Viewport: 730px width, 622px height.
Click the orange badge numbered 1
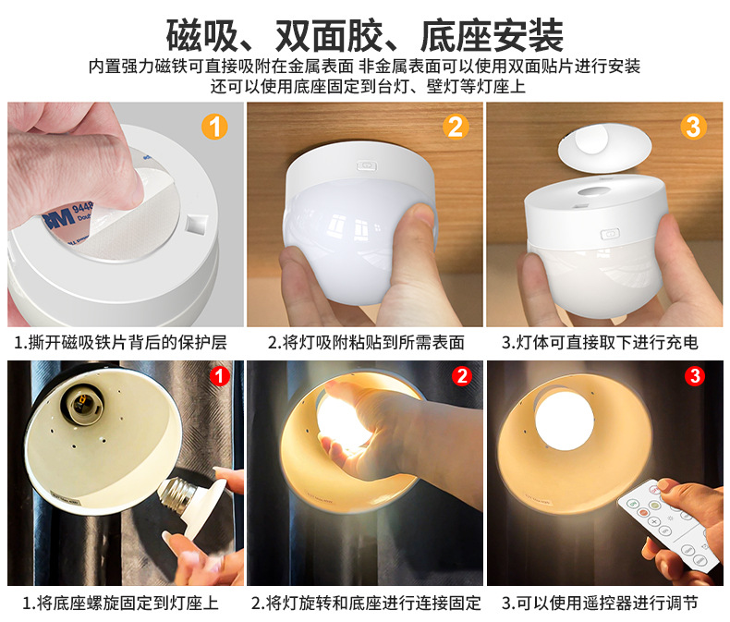tap(214, 128)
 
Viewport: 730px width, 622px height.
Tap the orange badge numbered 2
tap(456, 128)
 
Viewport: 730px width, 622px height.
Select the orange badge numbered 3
tap(693, 128)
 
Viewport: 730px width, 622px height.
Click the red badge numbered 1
tap(220, 376)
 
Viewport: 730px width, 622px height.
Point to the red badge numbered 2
tap(461, 376)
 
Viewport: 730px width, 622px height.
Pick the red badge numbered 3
tap(695, 376)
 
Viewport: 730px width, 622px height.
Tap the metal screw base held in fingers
tap(176, 494)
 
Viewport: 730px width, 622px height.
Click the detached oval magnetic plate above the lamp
tap(604, 146)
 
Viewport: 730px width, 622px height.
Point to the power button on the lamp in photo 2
tap(367, 165)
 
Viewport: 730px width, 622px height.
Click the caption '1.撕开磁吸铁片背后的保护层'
tap(120, 343)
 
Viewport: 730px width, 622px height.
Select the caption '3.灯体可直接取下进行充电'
tap(600, 343)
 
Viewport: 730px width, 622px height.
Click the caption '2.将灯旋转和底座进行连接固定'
tap(366, 603)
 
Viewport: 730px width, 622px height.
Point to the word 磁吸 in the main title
tap(202, 35)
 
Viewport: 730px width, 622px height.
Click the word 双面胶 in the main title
tap(329, 35)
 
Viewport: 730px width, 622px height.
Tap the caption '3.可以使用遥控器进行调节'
tap(600, 603)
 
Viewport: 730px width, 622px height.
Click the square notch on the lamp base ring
tap(197, 224)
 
